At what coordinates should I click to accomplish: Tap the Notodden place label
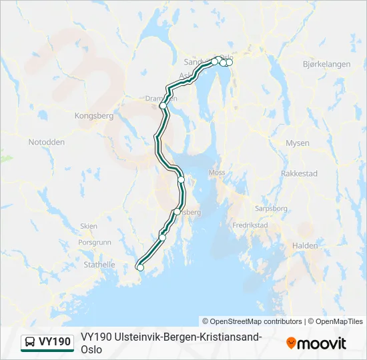coord(47,142)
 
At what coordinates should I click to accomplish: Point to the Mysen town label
coord(297,143)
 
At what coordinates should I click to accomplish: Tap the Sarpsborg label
coord(271,209)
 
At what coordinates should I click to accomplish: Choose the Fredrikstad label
coord(250,225)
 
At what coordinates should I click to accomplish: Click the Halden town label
coord(305,246)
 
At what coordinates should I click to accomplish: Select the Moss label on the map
coord(218,172)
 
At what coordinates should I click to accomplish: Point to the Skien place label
coord(88,226)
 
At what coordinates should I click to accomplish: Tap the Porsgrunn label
coord(93,243)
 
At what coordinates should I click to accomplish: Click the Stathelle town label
coord(98,265)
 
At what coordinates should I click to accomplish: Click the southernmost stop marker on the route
coord(140,268)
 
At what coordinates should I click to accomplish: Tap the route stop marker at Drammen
coord(163,105)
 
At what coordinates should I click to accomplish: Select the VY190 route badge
coord(47,342)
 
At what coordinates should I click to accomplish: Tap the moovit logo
coord(316,343)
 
